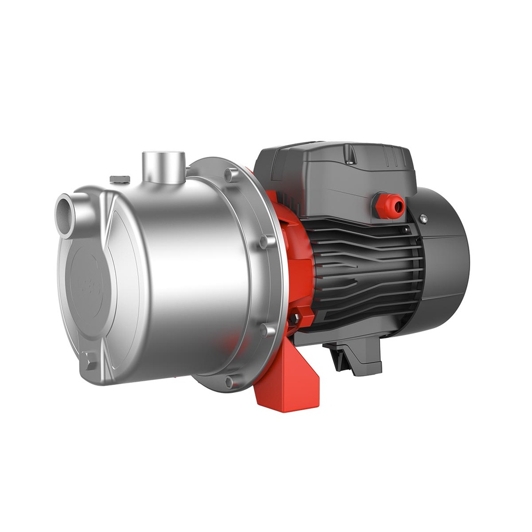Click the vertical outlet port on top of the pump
point(164,166)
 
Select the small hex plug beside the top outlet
point(120,179)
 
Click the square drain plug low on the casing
point(89,360)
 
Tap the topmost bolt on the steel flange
point(229,174)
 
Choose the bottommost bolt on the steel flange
point(229,381)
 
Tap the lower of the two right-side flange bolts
point(265,329)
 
